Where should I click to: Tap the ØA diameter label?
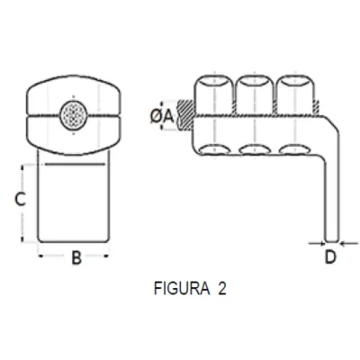click(161, 114)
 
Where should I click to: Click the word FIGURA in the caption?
click(179, 290)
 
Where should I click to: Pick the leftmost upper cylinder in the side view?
click(211, 94)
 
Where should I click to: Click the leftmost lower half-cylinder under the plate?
click(211, 150)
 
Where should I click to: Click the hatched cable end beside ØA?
click(184, 114)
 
